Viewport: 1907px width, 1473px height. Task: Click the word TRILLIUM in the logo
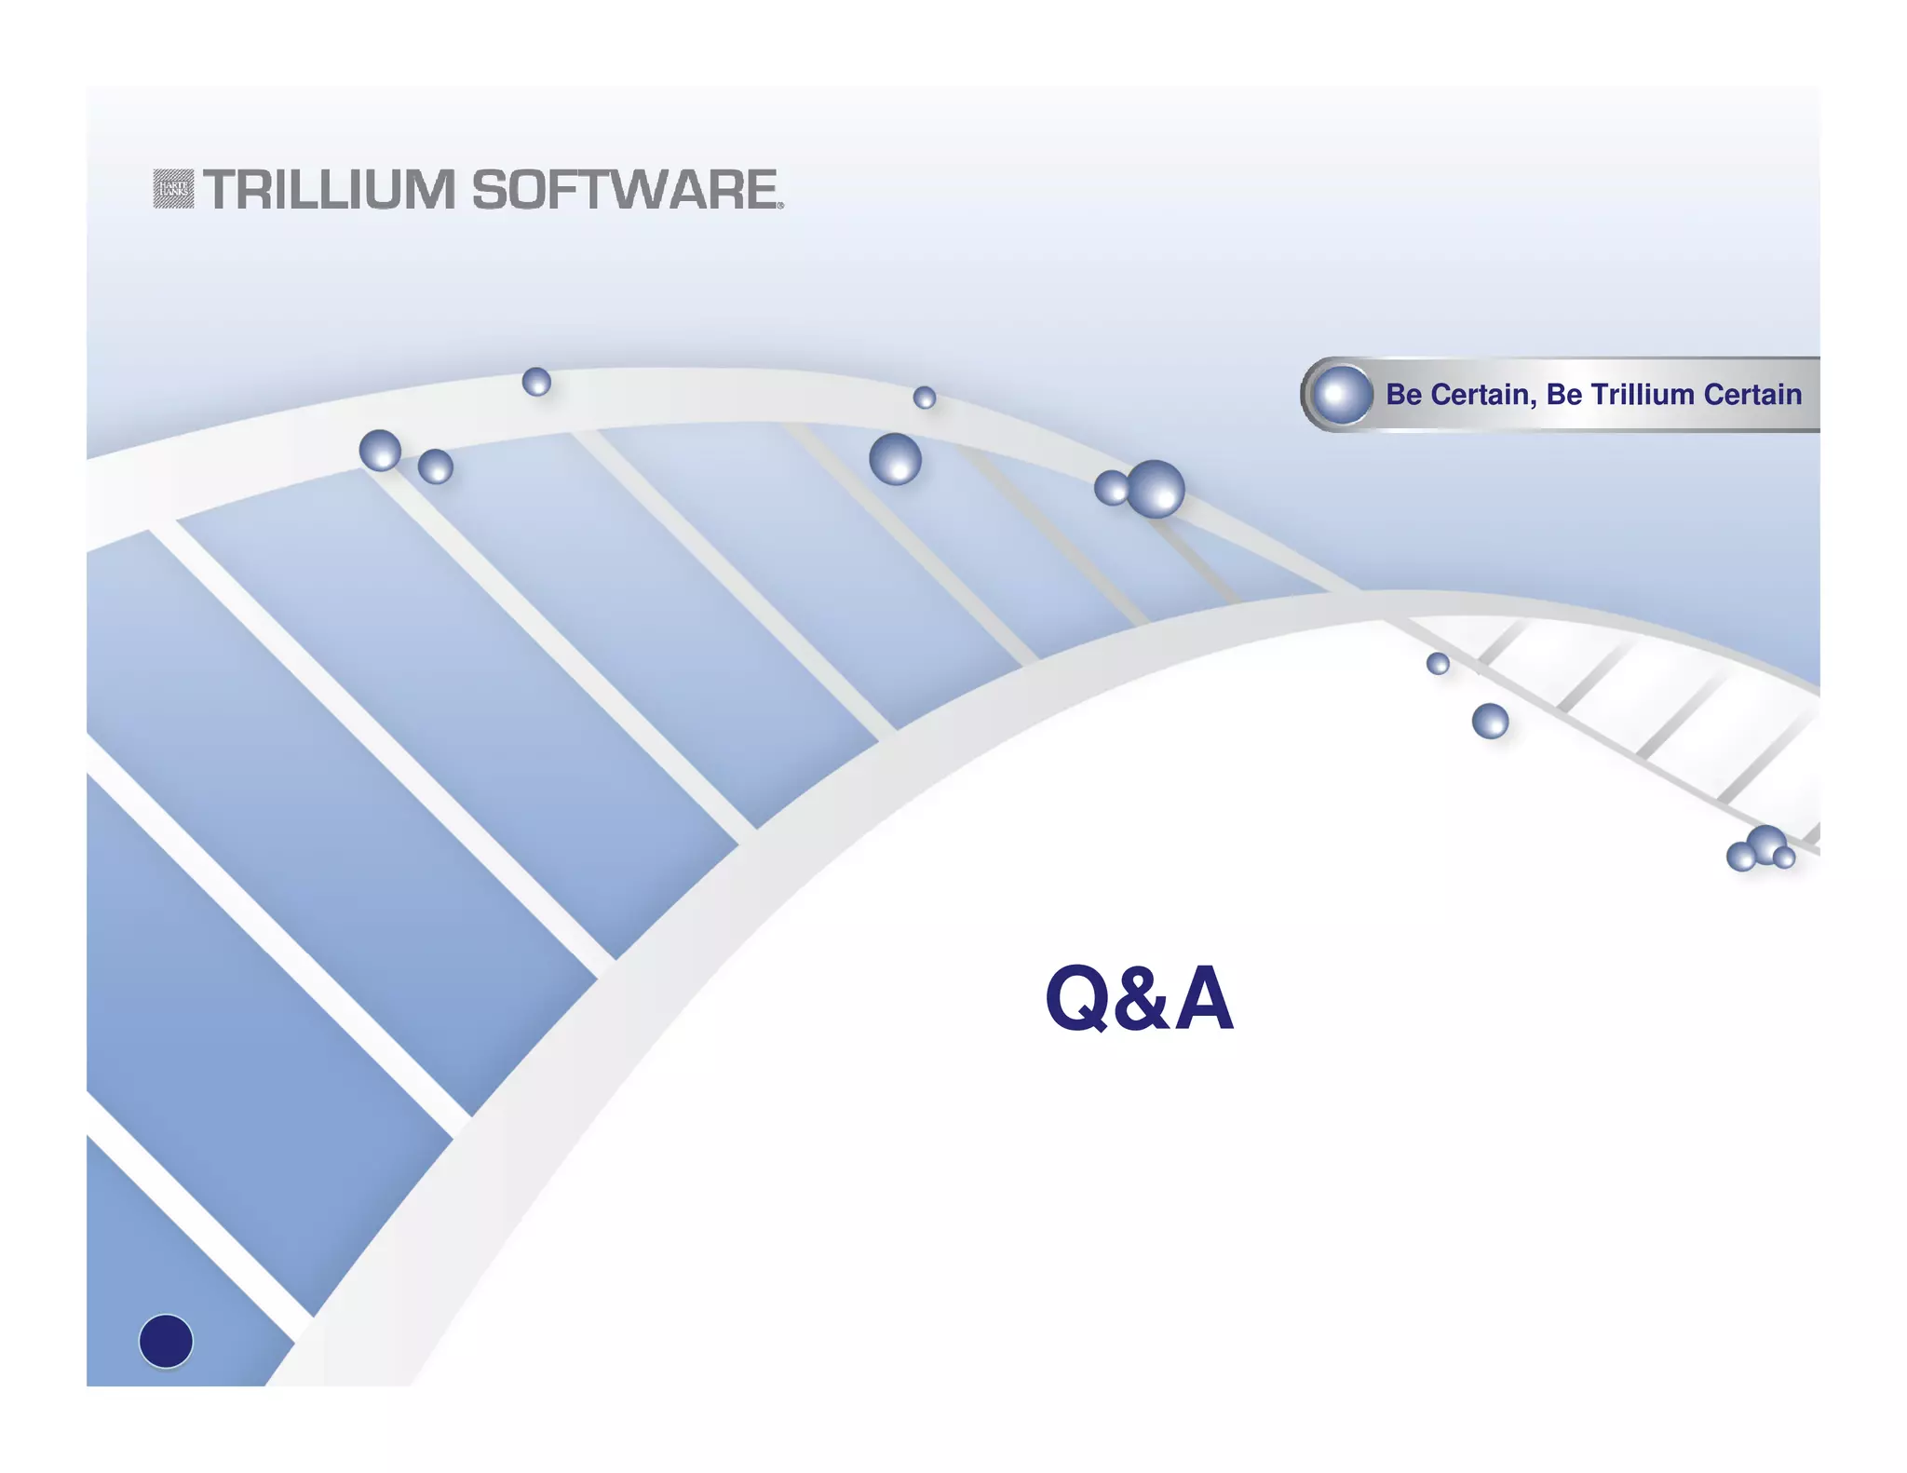(329, 190)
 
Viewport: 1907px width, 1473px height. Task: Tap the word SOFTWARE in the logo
(625, 190)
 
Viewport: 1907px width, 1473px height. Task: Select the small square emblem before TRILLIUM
(173, 189)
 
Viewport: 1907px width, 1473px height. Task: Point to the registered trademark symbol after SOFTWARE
(780, 206)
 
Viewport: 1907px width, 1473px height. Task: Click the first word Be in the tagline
(1403, 395)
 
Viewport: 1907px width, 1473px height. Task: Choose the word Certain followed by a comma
(1483, 395)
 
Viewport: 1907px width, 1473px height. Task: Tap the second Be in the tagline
(1563, 395)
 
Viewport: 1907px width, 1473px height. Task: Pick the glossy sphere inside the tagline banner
(1342, 395)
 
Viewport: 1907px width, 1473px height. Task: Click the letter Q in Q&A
(1077, 998)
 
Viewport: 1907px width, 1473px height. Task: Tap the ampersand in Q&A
(1142, 998)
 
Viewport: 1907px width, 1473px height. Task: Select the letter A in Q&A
(1204, 998)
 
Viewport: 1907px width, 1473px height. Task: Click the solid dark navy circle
(166, 1341)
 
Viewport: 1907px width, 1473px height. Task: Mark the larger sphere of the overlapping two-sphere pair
(1156, 489)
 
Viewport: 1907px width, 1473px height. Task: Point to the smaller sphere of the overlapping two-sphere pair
(1110, 487)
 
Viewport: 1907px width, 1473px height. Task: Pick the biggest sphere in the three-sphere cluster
(1766, 844)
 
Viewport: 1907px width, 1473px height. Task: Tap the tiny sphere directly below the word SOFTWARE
(536, 382)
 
